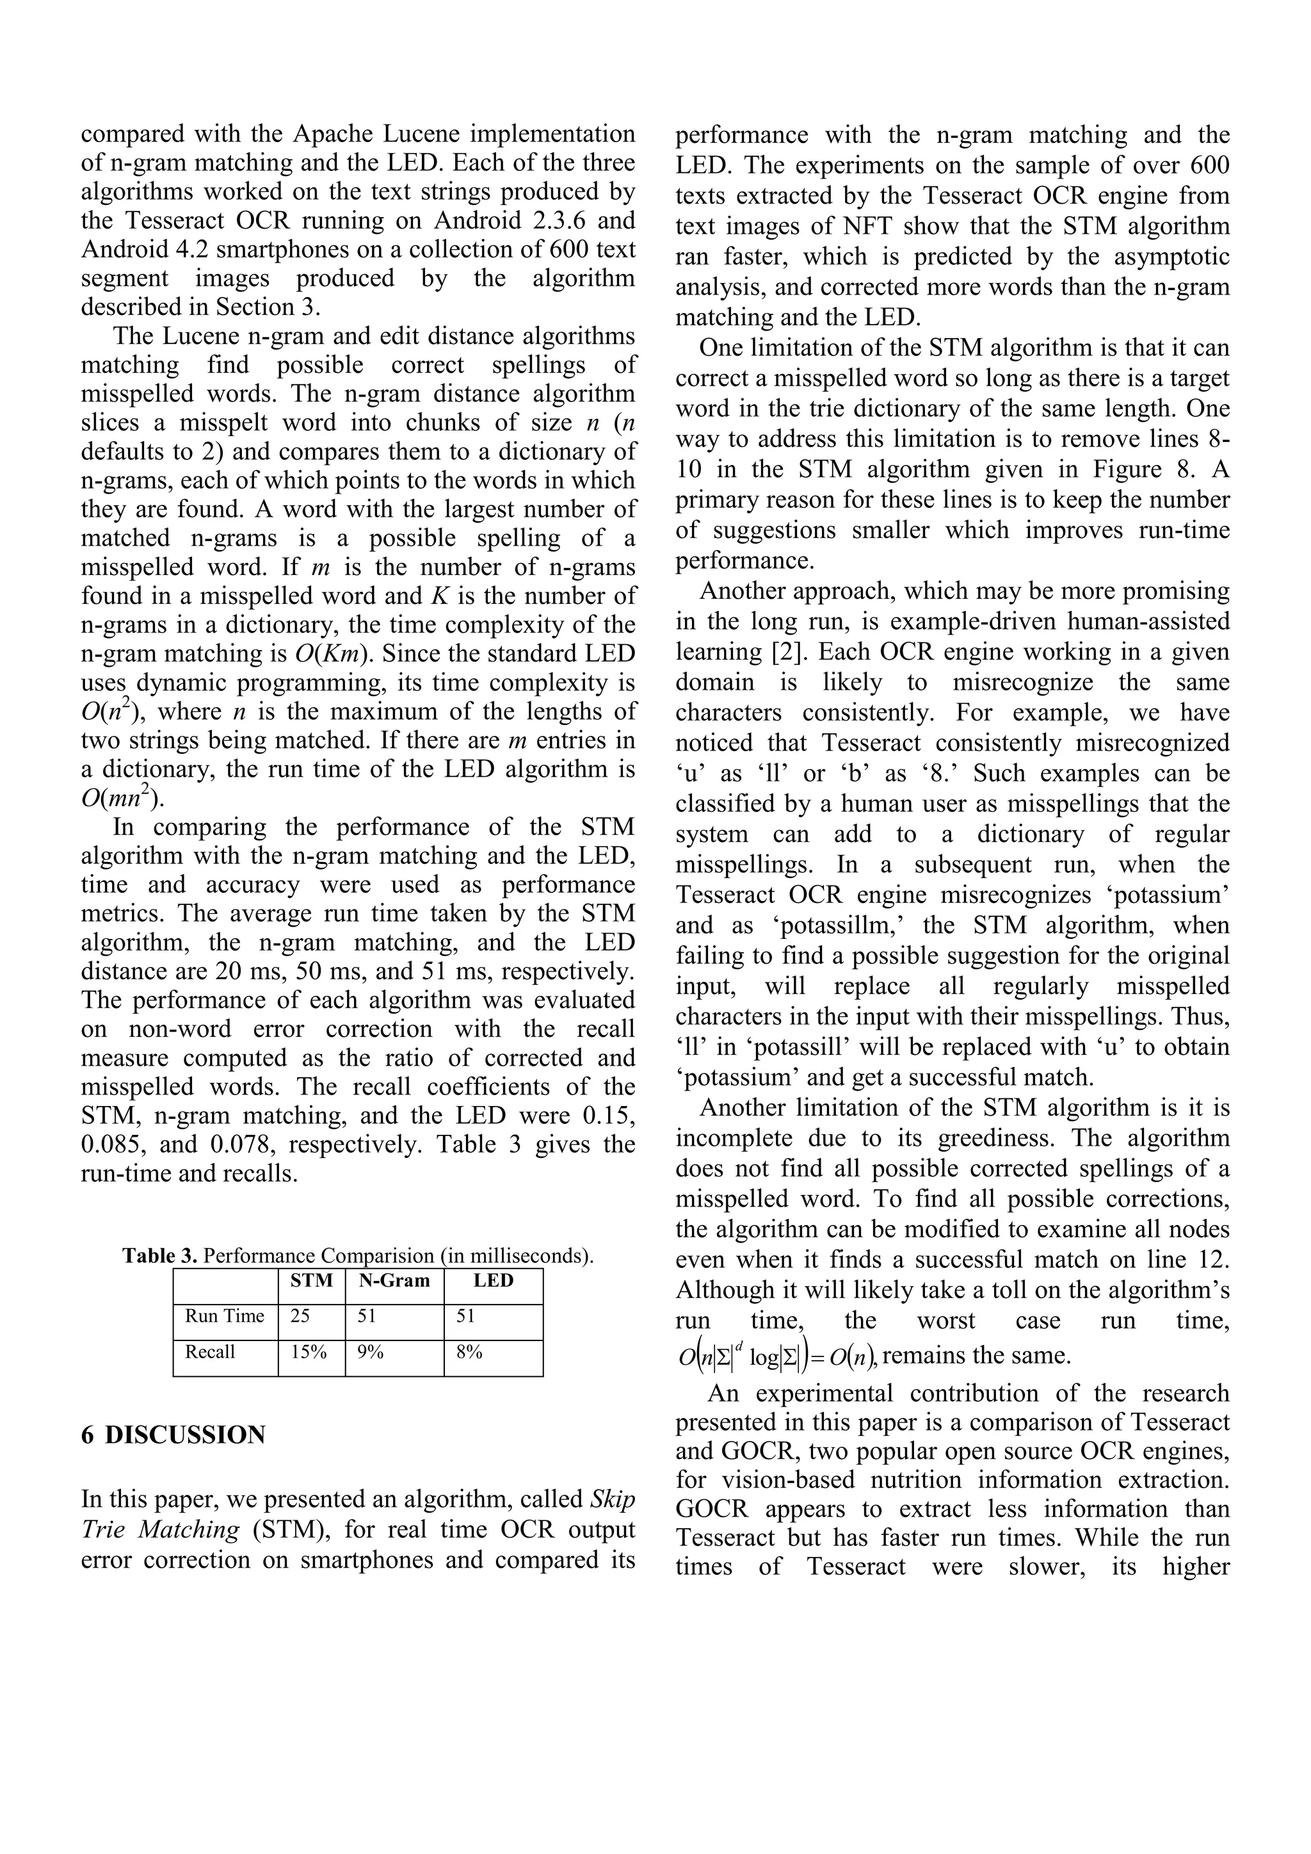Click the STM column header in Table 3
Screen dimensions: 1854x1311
click(312, 1281)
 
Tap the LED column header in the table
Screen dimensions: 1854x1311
click(494, 1281)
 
